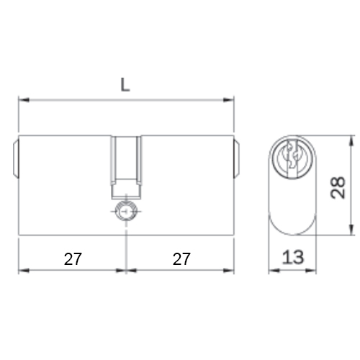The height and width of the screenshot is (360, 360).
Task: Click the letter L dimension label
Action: click(125, 85)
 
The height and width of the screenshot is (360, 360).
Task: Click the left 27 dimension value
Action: click(73, 259)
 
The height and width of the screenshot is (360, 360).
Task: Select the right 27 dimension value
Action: click(181, 259)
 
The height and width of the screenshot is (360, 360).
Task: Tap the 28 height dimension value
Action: click(338, 188)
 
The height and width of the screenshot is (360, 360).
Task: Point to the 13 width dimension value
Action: click(293, 257)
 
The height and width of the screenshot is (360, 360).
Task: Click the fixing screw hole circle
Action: click(126, 212)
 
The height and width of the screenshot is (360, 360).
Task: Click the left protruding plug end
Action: click(16, 158)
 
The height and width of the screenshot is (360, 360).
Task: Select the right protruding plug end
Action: click(236, 158)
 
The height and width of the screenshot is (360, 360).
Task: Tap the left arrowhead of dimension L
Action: click(24, 100)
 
